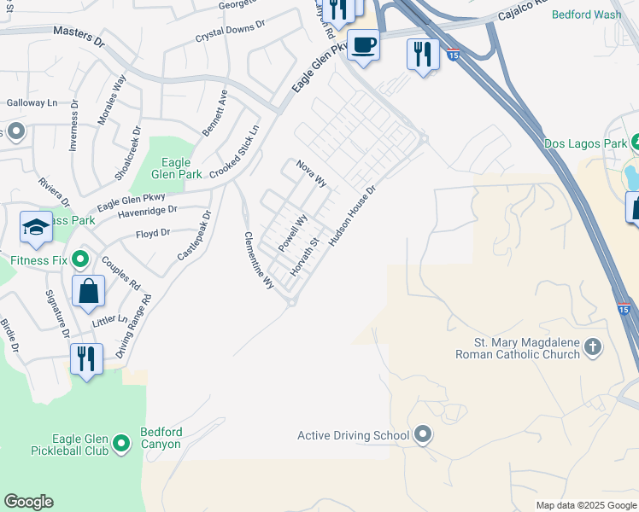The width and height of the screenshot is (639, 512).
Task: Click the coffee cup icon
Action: pyautogui.click(x=363, y=44)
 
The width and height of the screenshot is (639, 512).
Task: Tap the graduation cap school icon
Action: pyautogui.click(x=37, y=228)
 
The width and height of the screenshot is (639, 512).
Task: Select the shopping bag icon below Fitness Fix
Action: pyautogui.click(x=89, y=292)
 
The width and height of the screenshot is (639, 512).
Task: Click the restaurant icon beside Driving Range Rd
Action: pyautogui.click(x=86, y=358)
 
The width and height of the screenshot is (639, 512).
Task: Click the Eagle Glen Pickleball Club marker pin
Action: pyautogui.click(x=122, y=442)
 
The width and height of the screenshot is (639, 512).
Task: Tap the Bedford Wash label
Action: pyautogui.click(x=587, y=15)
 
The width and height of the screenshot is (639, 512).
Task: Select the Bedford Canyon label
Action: pyautogui.click(x=161, y=438)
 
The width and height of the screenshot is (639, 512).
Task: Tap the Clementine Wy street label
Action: pyautogui.click(x=259, y=259)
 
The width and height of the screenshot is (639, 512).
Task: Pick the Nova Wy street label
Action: pyautogui.click(x=312, y=173)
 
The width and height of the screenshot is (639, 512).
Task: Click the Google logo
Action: pyautogui.click(x=28, y=502)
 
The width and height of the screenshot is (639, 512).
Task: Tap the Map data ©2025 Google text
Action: pyautogui.click(x=585, y=505)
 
